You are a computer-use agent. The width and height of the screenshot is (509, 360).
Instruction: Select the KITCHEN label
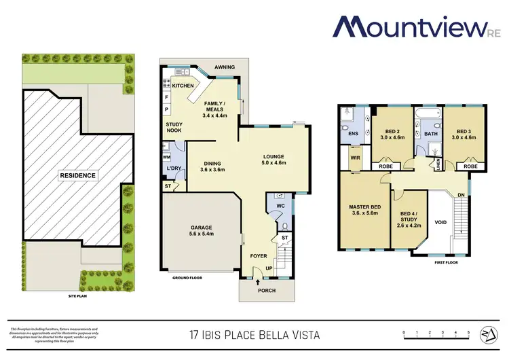[183, 86]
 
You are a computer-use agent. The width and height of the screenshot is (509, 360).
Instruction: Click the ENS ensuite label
[353, 134]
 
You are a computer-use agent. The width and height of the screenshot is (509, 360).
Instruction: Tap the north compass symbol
[487, 334]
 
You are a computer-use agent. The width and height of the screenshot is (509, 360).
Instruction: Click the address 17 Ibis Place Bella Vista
[253, 335]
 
